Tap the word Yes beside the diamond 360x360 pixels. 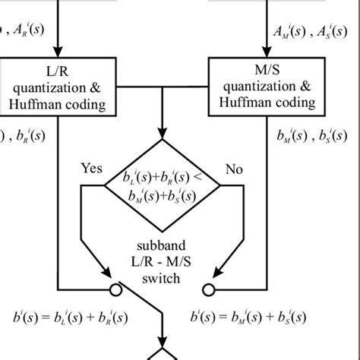[92, 168]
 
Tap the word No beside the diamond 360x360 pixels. [235, 168]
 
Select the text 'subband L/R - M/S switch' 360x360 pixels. [163, 263]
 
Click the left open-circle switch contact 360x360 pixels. [118, 288]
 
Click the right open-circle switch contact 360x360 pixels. [207, 288]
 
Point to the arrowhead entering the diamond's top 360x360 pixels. [163, 132]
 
